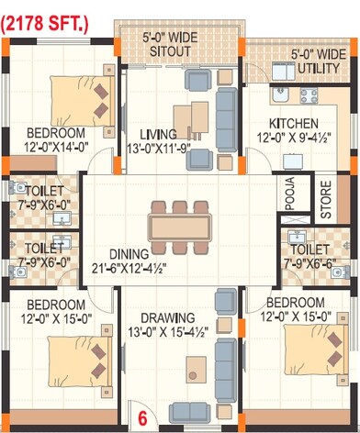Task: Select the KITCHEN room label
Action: [293, 123]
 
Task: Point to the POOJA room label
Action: [290, 195]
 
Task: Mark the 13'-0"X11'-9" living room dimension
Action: [157, 147]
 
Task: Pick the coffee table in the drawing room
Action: [195, 370]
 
